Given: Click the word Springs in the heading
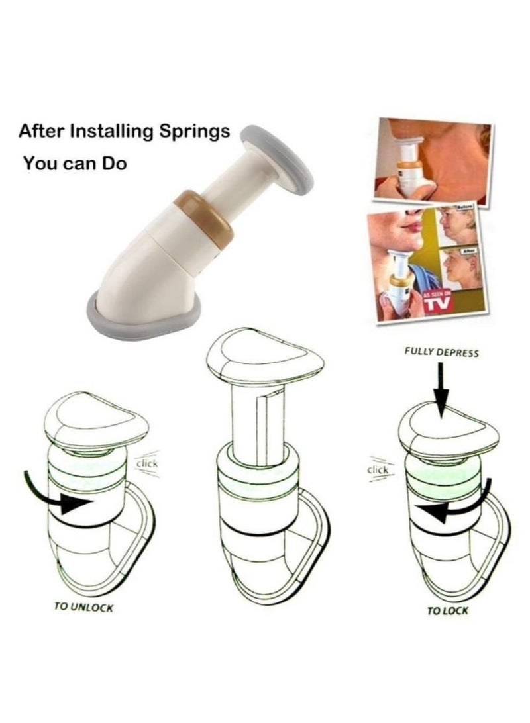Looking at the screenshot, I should click(194, 131).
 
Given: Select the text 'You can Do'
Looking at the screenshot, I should click(74, 163).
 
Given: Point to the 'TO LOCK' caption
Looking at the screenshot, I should click(447, 610).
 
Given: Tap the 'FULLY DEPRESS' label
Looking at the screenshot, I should click(441, 353).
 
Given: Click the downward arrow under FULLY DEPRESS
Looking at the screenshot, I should click(441, 391).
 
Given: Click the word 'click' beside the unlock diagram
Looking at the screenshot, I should click(146, 463).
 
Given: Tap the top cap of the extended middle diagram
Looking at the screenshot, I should click(265, 358).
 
